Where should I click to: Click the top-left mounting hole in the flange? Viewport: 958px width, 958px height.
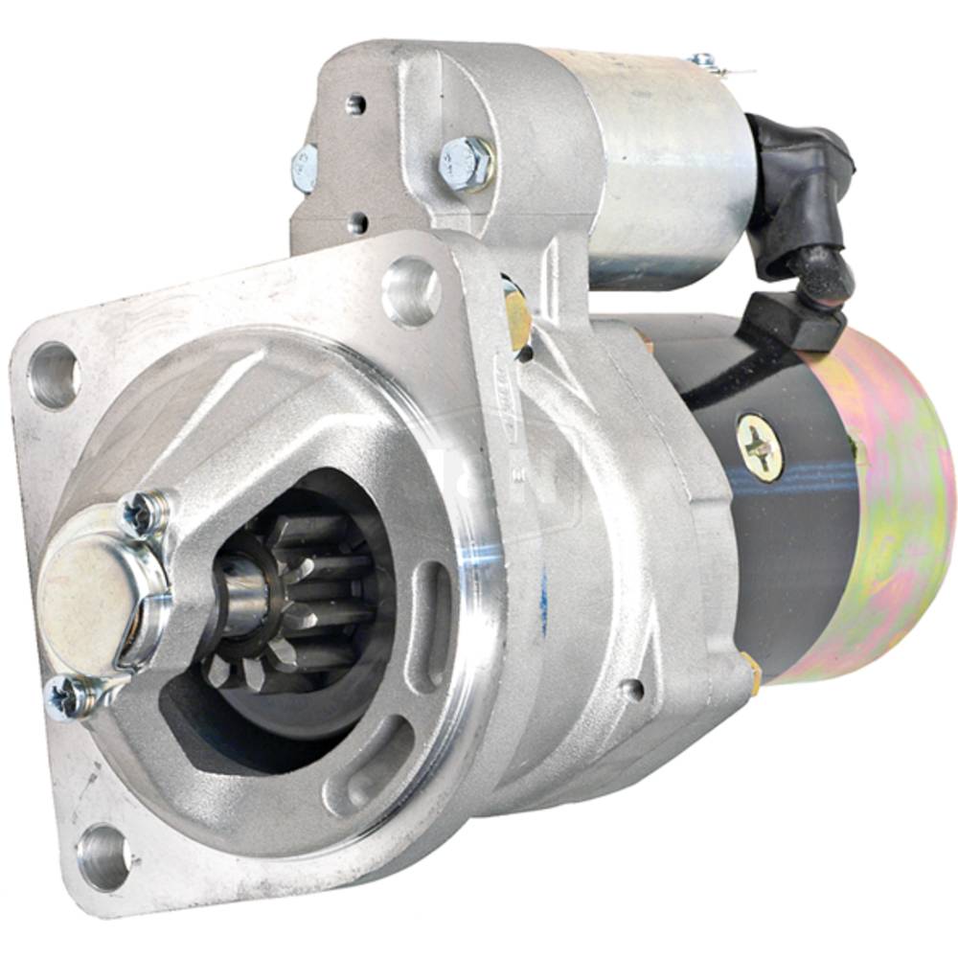tap(54, 376)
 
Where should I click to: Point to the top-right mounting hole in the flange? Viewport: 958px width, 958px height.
tap(410, 290)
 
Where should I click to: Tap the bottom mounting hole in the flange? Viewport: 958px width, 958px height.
tap(103, 855)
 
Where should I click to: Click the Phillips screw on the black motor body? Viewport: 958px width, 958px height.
tap(760, 446)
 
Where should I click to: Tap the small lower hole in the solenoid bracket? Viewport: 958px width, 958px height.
tap(356, 223)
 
